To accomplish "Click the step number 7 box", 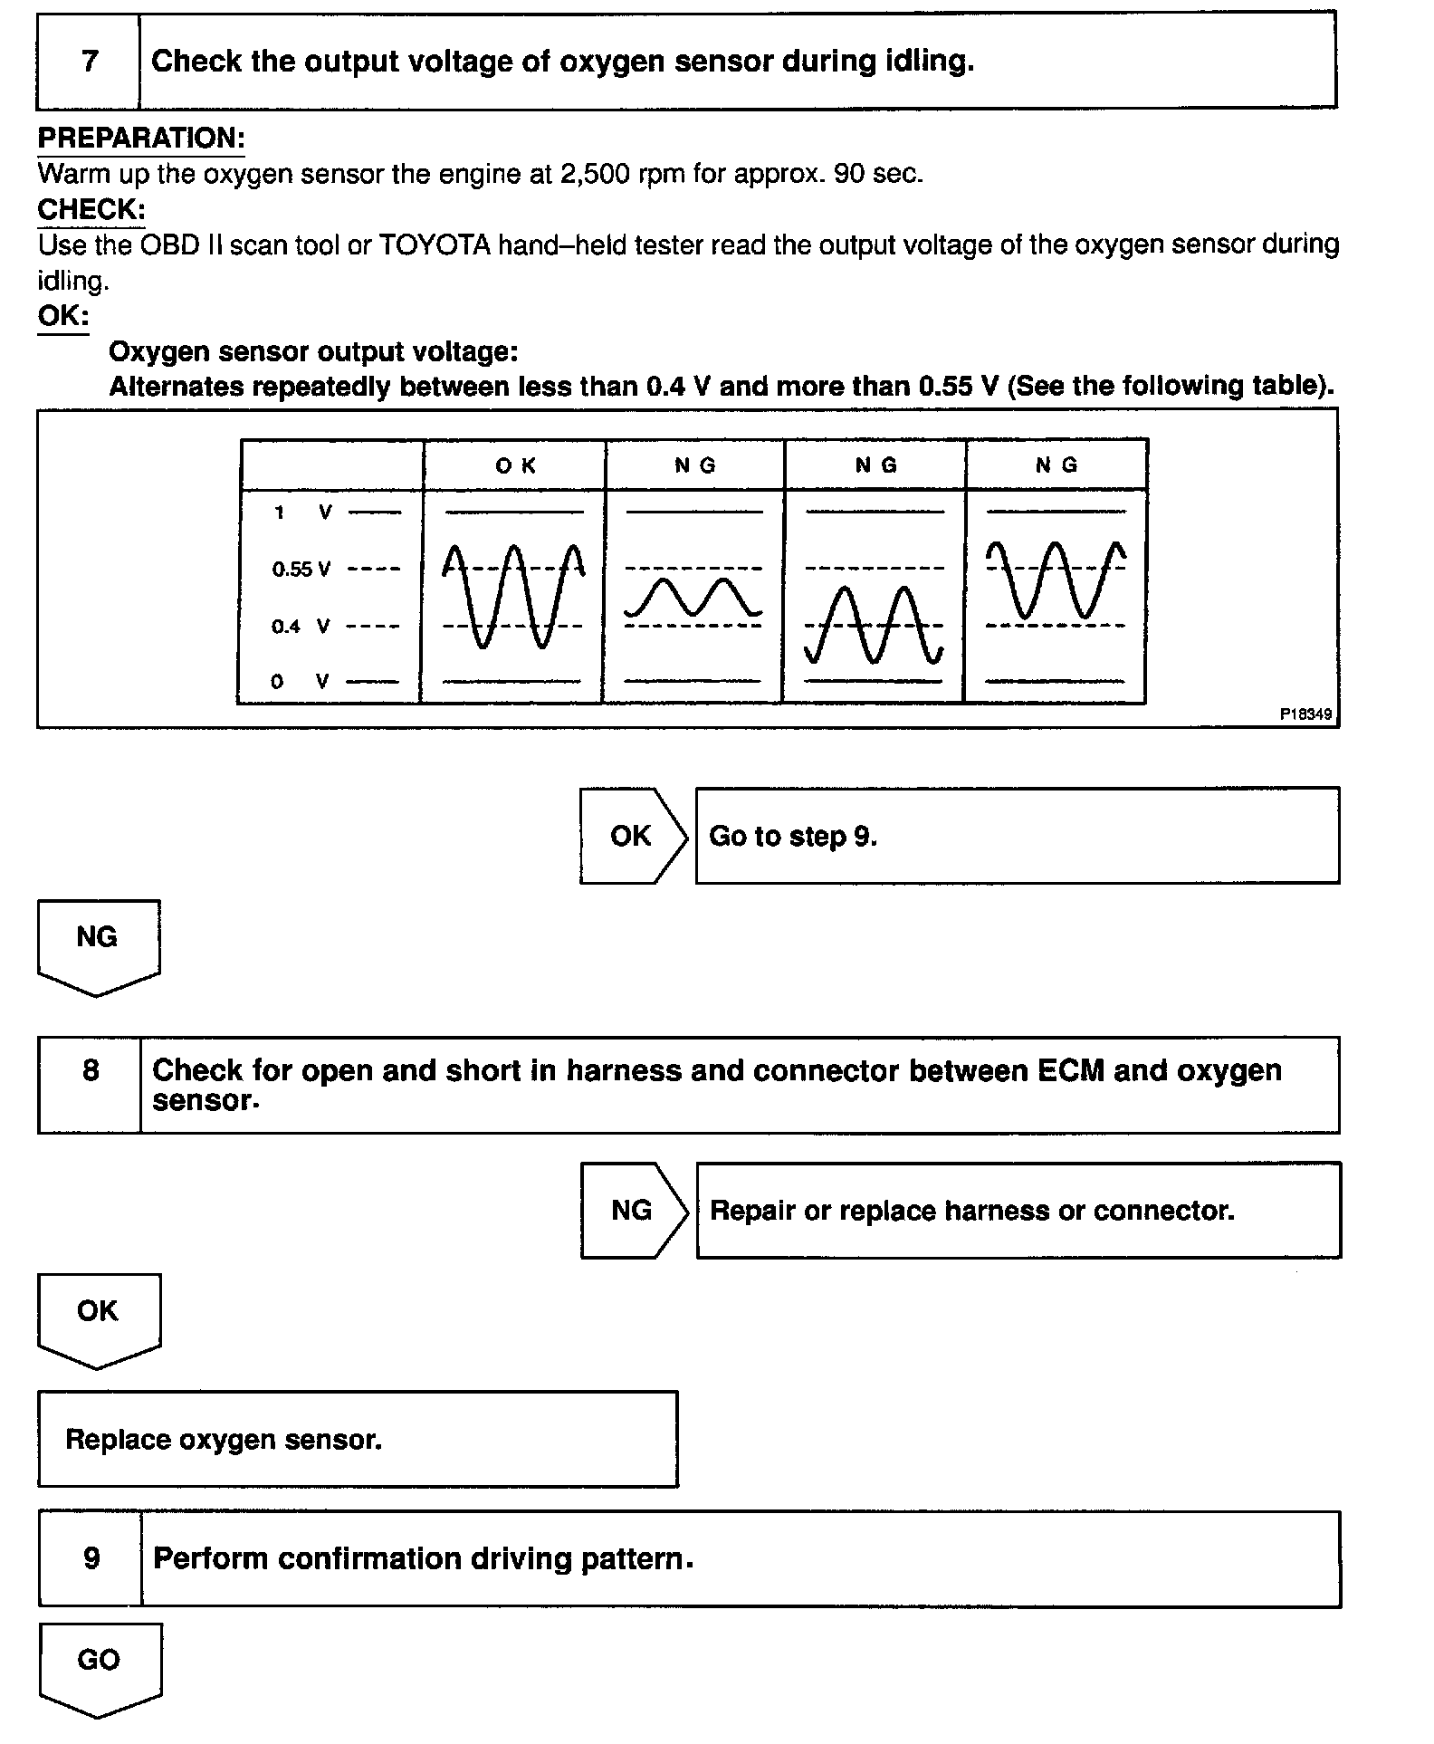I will (89, 62).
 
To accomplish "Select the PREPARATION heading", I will (140, 139).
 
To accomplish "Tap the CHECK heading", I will (91, 210).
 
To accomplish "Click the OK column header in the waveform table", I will (515, 465).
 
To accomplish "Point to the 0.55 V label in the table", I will (301, 570).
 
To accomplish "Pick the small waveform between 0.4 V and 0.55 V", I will (693, 598).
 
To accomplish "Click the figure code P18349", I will (1305, 714).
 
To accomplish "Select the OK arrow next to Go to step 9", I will (633, 836).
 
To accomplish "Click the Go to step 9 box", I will (1017, 836).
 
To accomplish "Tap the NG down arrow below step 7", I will (98, 944).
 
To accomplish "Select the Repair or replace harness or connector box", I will (1018, 1211).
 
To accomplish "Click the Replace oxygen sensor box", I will (358, 1439).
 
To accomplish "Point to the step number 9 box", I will (91, 1558).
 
